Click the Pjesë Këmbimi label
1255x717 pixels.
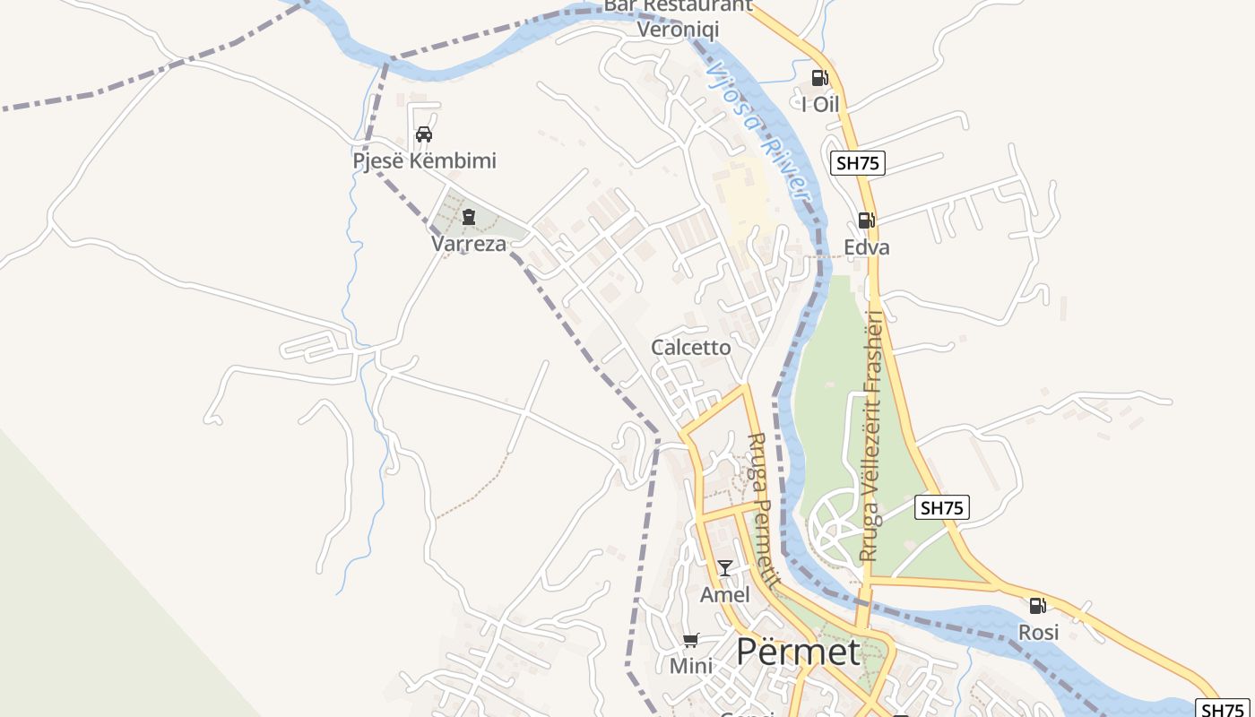pos(424,161)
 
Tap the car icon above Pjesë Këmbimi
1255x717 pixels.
pos(424,134)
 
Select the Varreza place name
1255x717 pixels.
pos(468,244)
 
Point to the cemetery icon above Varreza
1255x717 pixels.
pos(468,216)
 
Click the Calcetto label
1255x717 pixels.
pos(691,348)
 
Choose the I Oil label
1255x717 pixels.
pos(820,105)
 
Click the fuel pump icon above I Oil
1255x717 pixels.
pos(819,78)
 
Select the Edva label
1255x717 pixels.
pos(867,247)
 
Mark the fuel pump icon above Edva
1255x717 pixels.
pos(866,220)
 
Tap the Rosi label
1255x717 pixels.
pos(1038,633)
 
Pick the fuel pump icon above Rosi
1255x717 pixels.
pos(1038,606)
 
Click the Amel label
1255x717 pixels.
pos(724,595)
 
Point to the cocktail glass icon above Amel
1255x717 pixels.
pos(724,567)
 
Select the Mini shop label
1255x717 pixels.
pos(691,667)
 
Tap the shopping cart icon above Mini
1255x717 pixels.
pos(690,640)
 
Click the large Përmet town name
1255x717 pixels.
pos(798,652)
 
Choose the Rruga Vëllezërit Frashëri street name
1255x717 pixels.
pos(871,436)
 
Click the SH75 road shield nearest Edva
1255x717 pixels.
pos(859,163)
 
